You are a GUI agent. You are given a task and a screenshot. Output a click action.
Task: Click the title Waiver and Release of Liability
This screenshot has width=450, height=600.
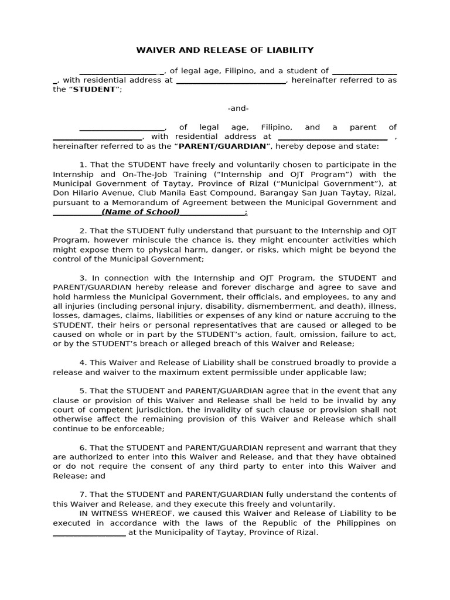225,50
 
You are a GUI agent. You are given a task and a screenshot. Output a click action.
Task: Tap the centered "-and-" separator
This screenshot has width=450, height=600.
238,108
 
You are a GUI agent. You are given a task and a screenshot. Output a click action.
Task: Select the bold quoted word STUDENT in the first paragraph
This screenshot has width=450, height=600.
96,90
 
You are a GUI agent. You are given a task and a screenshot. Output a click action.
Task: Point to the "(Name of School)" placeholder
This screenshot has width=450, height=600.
141,212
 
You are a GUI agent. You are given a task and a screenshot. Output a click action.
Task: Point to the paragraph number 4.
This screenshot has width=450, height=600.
82,362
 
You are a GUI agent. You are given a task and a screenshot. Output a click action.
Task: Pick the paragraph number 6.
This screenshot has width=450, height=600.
82,448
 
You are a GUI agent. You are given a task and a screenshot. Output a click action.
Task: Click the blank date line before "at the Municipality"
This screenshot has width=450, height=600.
89,533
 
